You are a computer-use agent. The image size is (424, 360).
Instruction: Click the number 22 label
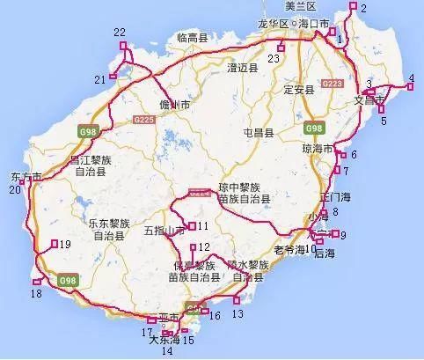(120, 32)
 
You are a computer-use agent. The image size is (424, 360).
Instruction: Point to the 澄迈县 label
(241, 67)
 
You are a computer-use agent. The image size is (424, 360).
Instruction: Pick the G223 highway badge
(332, 83)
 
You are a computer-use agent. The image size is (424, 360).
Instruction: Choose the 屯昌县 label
(258, 132)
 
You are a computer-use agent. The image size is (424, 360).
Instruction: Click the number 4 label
(411, 78)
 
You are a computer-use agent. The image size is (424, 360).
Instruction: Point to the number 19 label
(65, 245)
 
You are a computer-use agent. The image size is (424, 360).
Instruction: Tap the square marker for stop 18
(37, 282)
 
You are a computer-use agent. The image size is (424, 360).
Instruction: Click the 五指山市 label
(164, 230)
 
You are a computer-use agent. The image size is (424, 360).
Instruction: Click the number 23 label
(274, 58)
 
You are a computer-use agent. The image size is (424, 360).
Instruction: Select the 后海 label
(324, 253)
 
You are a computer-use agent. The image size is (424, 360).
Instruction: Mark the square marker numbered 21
(113, 79)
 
